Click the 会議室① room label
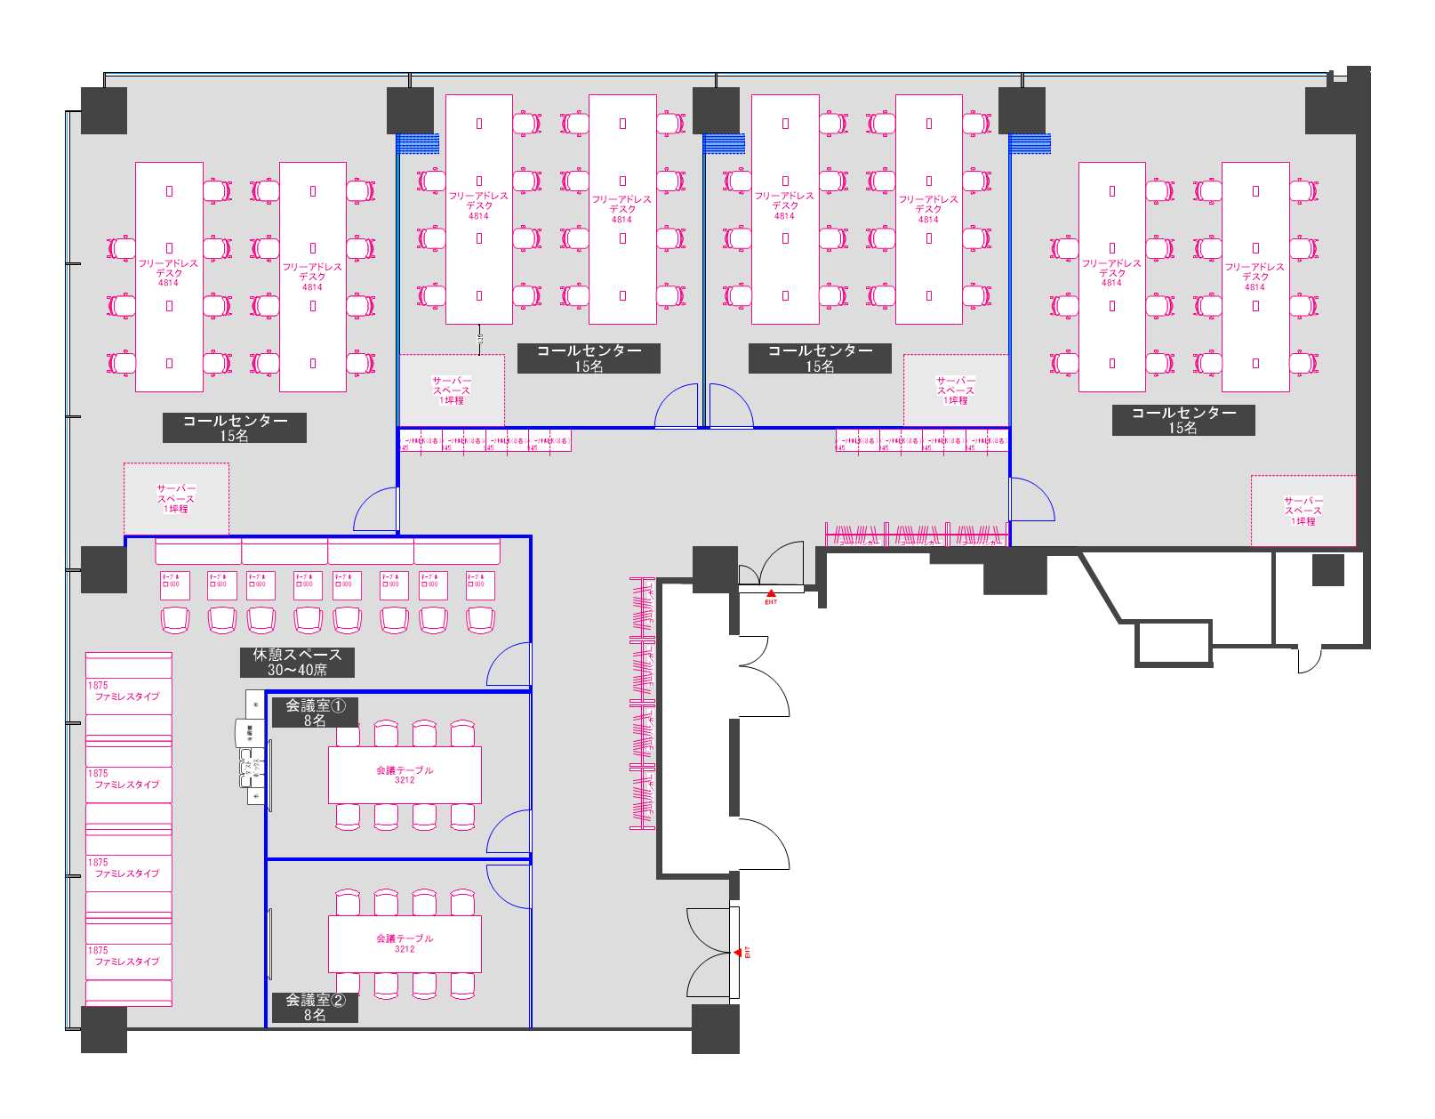coord(315,705)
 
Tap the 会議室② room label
coord(315,1000)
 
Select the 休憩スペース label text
coord(297,655)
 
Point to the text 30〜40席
coord(297,670)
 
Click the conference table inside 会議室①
coord(405,775)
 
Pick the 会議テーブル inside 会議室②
coord(405,943)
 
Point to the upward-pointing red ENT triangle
coord(771,592)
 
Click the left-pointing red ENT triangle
coord(738,953)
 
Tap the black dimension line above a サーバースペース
coord(480,338)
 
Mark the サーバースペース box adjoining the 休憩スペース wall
coord(176,499)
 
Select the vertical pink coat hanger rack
coord(642,703)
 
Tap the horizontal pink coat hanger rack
coord(916,535)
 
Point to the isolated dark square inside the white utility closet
coord(1327,570)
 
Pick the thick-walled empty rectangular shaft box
coord(1174,642)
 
